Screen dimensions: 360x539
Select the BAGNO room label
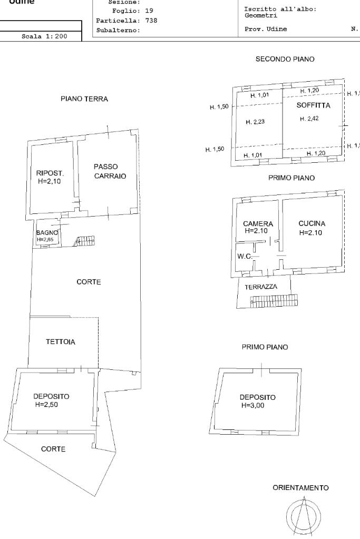46,232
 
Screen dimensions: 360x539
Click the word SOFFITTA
313,105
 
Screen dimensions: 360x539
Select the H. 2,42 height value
309,119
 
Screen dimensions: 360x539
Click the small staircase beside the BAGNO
84,241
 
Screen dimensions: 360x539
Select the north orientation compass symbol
303,515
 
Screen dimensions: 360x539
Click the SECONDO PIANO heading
285,60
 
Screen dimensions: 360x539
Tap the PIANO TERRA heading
84,99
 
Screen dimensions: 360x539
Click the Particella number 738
151,21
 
